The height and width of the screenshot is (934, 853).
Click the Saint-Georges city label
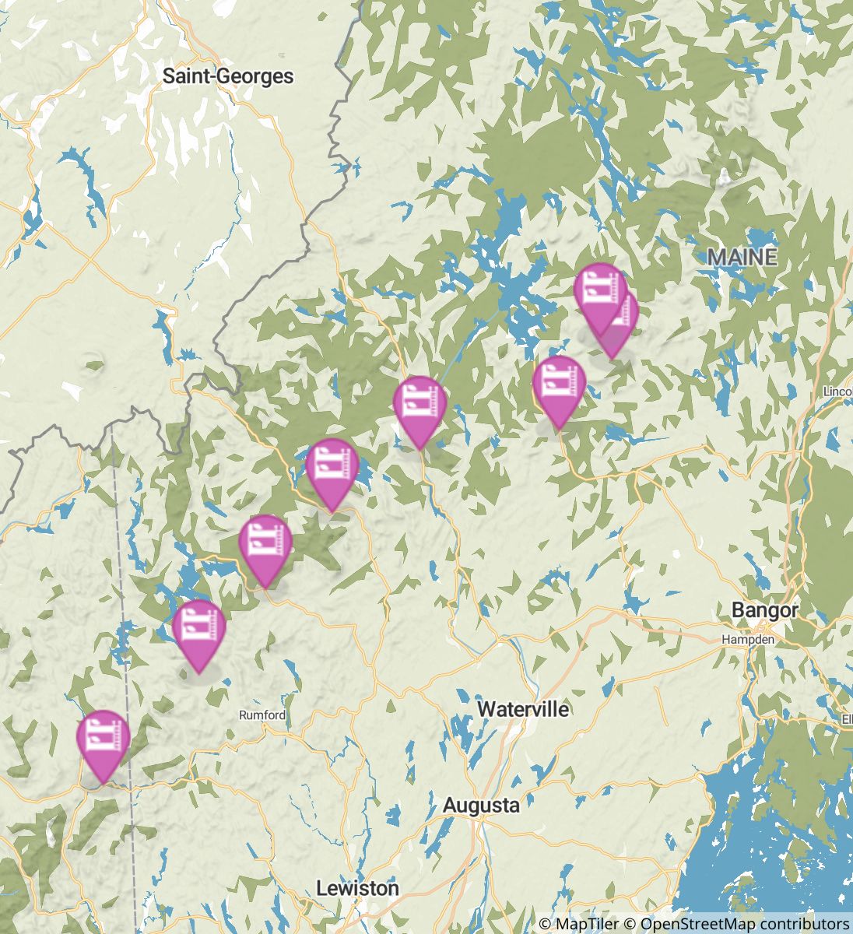point(228,76)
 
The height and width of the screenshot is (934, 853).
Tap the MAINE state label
point(742,257)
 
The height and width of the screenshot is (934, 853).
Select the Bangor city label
point(764,610)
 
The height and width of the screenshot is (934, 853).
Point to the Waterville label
point(523,709)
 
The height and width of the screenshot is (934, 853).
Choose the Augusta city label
point(480,806)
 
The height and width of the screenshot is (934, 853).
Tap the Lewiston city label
point(358,888)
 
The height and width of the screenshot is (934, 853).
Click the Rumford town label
point(262,715)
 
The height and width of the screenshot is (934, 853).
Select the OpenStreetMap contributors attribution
point(744,924)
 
